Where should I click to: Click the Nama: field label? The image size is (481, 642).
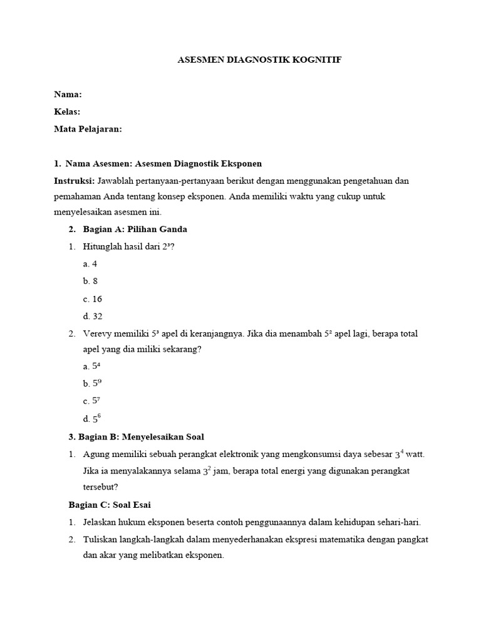68,94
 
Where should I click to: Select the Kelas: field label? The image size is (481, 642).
67,112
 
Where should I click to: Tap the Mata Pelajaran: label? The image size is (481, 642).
88,129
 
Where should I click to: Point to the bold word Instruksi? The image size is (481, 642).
75,181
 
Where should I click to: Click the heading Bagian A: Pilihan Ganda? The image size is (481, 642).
135,229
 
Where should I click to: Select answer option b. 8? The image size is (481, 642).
90,282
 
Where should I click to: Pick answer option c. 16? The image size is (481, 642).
92,299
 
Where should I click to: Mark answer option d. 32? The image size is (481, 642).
92,316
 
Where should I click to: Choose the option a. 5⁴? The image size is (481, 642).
91,366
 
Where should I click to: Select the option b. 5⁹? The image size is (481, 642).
91,383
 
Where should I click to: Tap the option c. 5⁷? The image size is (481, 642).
91,401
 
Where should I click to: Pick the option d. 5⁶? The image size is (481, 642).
91,418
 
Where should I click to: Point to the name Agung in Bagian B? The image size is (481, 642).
96,453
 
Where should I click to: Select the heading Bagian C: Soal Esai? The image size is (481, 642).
110,504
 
